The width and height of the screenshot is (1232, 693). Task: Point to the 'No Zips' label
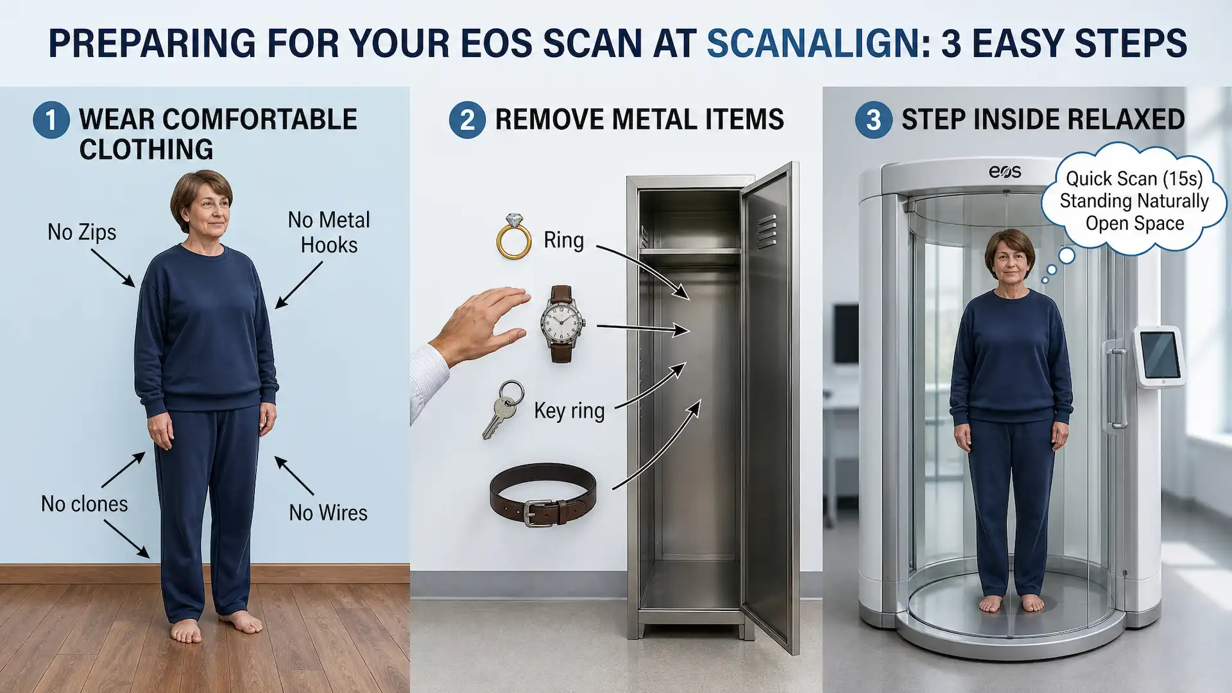82,232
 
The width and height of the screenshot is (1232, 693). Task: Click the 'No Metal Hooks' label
329,232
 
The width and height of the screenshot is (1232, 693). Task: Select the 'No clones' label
85,504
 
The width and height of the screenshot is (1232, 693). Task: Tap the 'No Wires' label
328,513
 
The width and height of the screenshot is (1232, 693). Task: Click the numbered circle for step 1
51,120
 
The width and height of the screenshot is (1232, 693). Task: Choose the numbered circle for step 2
467,120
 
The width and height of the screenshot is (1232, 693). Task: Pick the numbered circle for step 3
873,120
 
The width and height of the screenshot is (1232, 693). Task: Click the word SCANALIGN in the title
814,44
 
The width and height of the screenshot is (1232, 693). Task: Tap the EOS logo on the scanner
1005,171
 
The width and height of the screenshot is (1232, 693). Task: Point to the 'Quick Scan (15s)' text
1134,178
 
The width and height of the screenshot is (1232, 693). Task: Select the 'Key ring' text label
569,411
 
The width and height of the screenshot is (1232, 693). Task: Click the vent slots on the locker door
767,232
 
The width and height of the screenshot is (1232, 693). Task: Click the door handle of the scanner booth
1117,388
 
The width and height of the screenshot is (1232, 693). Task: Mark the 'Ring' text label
563,241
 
